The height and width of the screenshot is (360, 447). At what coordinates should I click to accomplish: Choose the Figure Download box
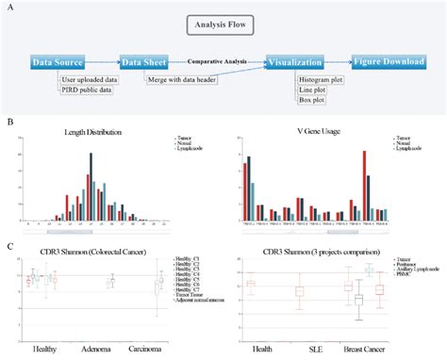click(x=389, y=62)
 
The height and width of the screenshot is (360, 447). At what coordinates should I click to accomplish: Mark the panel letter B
click(x=8, y=122)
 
